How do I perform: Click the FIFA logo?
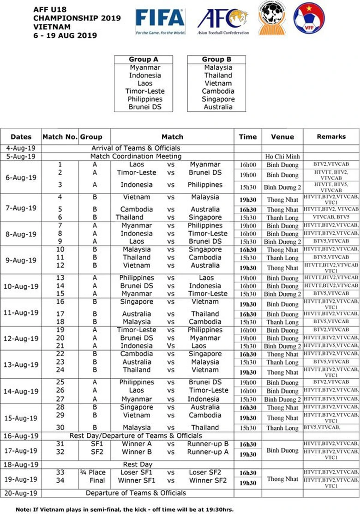tap(160, 21)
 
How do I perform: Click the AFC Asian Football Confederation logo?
tap(223, 21)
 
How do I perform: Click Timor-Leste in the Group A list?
tap(145, 91)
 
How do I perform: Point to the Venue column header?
tap(282, 137)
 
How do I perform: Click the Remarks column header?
tap(331, 137)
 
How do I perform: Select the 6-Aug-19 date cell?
tap(21, 177)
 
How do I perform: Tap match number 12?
tap(60, 266)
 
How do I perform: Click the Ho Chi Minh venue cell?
tap(282, 157)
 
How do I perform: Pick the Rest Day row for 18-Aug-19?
tap(138, 464)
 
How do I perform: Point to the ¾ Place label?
tap(92, 472)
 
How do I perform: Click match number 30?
tap(60, 427)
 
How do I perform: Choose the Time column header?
tap(247, 137)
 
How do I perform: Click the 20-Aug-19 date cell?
tap(21, 493)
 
